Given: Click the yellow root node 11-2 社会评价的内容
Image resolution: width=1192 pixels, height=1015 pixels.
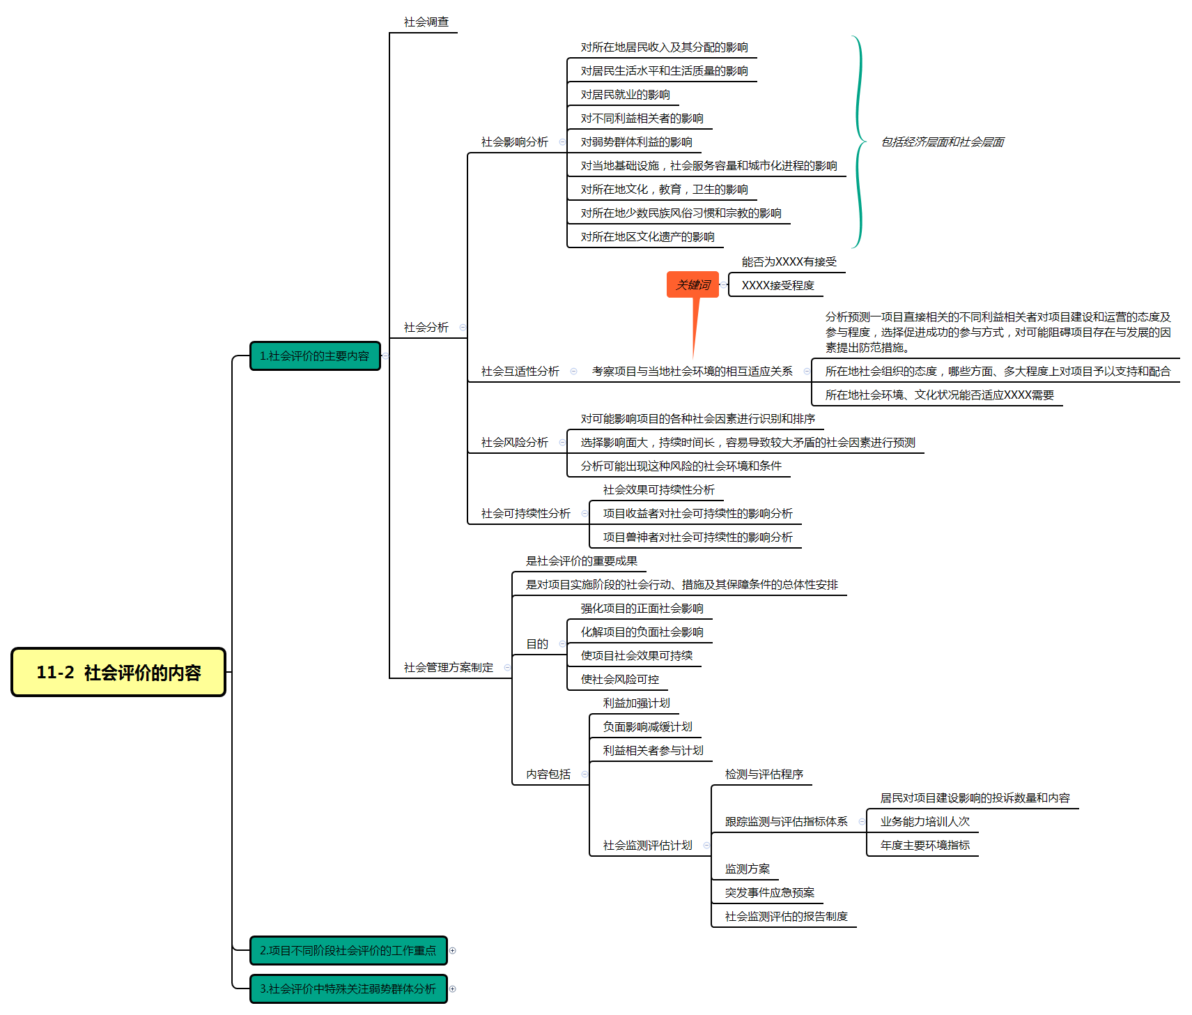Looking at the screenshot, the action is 118,672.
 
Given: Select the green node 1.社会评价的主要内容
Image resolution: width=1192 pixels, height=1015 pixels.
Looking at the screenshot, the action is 315,356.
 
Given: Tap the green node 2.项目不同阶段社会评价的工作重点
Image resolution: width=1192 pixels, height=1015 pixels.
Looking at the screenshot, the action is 348,950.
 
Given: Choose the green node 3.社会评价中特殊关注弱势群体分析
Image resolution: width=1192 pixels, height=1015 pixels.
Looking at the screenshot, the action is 348,989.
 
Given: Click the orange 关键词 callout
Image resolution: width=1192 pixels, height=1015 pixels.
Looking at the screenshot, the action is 692,284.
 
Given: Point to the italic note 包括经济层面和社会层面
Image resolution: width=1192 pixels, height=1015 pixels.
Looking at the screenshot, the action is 943,142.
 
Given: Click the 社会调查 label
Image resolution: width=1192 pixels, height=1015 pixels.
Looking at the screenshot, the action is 426,22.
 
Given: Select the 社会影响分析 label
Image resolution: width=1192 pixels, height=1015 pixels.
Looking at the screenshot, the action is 515,142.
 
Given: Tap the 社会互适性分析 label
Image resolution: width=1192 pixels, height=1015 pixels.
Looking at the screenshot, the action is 520,372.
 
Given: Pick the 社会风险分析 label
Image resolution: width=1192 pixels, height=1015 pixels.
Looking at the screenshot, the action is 515,443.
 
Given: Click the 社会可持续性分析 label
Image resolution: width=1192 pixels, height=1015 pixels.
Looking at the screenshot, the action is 526,514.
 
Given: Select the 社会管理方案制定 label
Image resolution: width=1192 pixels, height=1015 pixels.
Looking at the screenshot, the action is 449,668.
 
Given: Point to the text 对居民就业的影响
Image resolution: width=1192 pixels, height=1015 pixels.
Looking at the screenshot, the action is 626,95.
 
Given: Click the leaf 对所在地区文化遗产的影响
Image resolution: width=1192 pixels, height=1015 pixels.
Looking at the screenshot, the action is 648,237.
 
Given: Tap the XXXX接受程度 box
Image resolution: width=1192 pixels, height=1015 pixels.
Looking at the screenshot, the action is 777,285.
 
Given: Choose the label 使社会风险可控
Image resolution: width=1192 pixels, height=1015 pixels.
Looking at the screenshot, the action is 620,680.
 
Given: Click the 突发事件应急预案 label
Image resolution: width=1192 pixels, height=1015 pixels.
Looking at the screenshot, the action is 770,893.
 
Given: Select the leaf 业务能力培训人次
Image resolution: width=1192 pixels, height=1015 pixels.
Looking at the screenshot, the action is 925,822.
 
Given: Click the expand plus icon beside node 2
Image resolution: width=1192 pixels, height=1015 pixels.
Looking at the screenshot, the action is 453,951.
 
